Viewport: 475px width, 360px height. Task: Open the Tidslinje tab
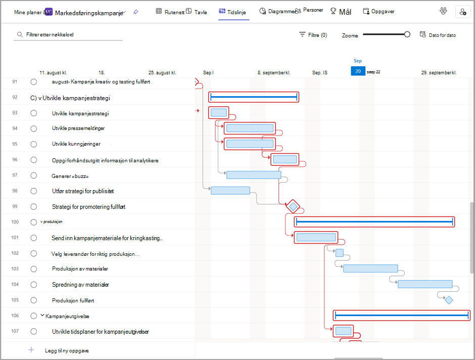click(232, 12)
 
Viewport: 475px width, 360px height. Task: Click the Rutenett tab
click(170, 12)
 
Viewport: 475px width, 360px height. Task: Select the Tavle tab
click(197, 12)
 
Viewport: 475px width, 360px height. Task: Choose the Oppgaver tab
click(378, 12)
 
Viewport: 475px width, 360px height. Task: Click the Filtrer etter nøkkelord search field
click(68, 34)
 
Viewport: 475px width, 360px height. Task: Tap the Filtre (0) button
click(313, 35)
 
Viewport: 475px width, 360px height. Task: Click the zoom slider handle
click(407, 34)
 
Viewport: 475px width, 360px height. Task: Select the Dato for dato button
click(438, 35)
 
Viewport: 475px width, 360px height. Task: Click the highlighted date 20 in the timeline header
click(358, 71)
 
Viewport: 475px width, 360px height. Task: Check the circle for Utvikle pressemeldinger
click(34, 128)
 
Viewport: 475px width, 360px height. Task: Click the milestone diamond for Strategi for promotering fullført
click(293, 207)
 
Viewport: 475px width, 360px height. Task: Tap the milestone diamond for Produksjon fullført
click(449, 300)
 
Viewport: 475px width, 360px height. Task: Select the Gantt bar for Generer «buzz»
click(254, 175)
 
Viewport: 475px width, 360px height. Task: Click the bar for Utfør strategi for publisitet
click(230, 191)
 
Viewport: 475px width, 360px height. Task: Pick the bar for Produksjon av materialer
click(370, 268)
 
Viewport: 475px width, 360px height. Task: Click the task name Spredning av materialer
click(80, 285)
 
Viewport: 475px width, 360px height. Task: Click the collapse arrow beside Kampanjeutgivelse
click(42, 316)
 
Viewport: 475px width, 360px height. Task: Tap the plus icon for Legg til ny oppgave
click(31, 350)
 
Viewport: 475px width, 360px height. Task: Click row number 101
click(15, 238)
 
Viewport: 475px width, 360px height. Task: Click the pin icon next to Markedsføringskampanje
click(135, 12)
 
